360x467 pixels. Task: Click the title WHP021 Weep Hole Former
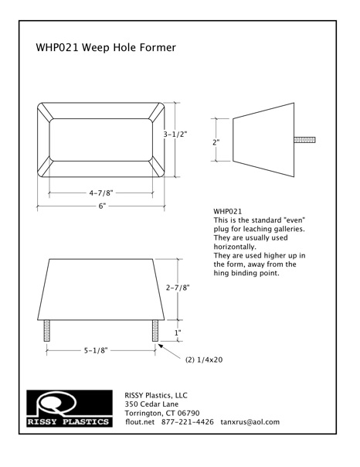click(106, 47)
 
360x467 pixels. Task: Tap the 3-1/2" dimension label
click(175, 135)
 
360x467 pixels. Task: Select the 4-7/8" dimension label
click(101, 193)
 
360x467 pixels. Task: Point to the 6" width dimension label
click(102, 206)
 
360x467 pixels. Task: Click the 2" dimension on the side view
click(216, 142)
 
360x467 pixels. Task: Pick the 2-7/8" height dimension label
click(178, 288)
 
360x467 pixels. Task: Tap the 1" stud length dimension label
click(178, 332)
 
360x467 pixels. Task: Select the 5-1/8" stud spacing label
click(96, 350)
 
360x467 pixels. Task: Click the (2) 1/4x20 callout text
click(204, 360)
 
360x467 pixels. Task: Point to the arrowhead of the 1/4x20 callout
click(159, 345)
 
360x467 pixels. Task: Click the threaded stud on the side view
click(304, 140)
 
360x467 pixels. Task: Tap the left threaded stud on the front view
click(46, 331)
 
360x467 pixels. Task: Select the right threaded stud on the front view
click(155, 331)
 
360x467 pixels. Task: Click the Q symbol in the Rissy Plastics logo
click(56, 403)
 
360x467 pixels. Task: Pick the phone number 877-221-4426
click(188, 421)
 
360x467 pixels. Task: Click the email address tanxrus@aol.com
click(250, 422)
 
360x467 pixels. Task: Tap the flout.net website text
click(140, 421)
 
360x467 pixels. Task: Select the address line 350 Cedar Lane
click(151, 404)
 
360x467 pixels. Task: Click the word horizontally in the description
click(235, 247)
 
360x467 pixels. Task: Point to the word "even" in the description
click(295, 220)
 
